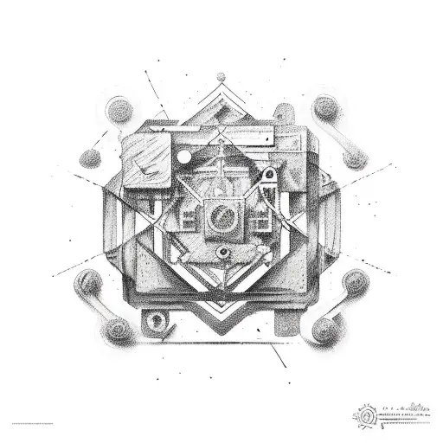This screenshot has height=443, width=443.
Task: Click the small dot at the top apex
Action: (x=221, y=75)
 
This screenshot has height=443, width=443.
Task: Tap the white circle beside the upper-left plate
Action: (x=183, y=157)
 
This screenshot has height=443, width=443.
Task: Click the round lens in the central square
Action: (x=221, y=215)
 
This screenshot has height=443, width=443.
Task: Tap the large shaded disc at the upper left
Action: (x=119, y=111)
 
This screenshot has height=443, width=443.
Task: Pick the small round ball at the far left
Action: (x=89, y=159)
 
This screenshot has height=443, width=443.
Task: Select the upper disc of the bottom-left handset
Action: (x=87, y=282)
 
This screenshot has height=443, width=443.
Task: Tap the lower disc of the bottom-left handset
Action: (x=118, y=329)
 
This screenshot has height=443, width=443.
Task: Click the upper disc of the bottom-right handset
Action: (x=355, y=282)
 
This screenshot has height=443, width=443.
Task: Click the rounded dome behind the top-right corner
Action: (x=284, y=112)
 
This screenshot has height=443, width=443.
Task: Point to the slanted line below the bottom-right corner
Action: (x=279, y=355)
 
